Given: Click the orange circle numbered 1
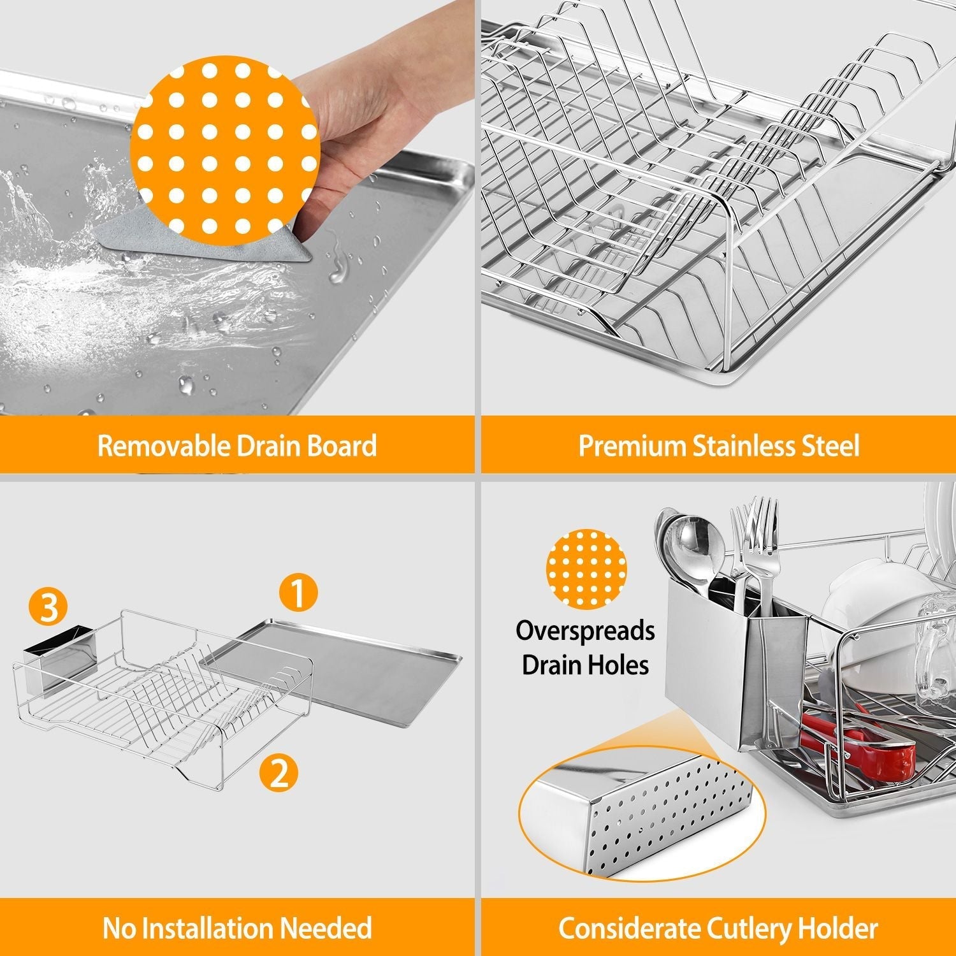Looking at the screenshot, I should point(298,592).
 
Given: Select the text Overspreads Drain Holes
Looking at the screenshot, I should point(585,648).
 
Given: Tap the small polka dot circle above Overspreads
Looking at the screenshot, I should point(586,568).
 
